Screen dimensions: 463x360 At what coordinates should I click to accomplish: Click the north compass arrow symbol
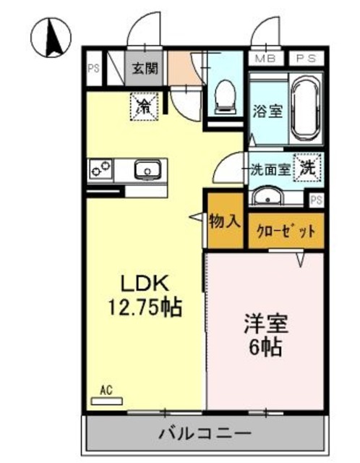pyautogui.click(x=51, y=38)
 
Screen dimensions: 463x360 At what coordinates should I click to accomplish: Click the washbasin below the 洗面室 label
pyautogui.click(x=271, y=197)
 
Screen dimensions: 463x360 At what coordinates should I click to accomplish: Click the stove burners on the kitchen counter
pyautogui.click(x=100, y=170)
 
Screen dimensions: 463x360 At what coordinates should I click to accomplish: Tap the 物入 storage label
pyautogui.click(x=224, y=221)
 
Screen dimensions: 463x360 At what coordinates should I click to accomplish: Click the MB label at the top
pyautogui.click(x=265, y=59)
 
